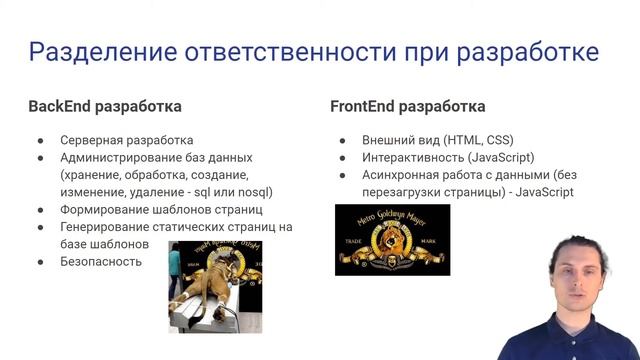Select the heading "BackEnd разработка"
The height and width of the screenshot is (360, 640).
[105, 106]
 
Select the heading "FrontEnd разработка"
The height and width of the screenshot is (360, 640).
[408, 106]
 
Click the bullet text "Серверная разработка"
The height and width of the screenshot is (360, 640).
[127, 140]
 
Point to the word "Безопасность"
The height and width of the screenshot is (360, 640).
[100, 262]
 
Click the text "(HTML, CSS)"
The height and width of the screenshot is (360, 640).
[476, 140]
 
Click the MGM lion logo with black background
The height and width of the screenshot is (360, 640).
[392, 239]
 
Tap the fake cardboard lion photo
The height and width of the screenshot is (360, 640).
[214, 286]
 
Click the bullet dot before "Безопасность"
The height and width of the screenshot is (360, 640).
[41, 262]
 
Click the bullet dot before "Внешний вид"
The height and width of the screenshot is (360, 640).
[342, 140]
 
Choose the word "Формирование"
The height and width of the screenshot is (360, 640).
[108, 210]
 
